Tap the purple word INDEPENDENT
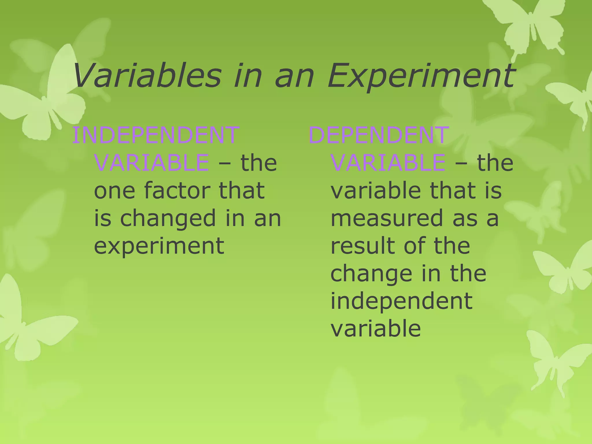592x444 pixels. (x=156, y=135)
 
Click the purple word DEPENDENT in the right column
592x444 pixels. (x=379, y=135)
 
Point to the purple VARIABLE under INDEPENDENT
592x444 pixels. (x=151, y=162)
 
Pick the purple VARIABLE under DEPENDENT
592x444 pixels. (x=388, y=162)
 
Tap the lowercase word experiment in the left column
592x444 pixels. (x=159, y=246)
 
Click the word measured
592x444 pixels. (x=386, y=218)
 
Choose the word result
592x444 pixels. (x=362, y=245)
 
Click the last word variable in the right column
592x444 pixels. (x=375, y=328)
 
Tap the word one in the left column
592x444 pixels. (x=114, y=191)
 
